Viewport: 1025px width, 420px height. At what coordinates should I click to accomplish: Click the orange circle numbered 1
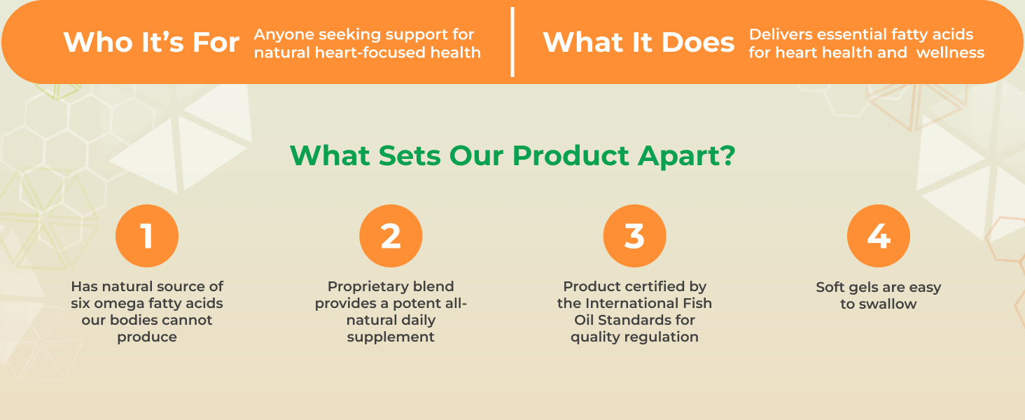click(147, 236)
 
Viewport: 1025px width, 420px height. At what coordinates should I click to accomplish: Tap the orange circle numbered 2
click(391, 236)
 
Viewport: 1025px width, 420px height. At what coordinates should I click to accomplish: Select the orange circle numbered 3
click(634, 236)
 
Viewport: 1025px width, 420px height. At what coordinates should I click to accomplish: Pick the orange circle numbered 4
click(878, 236)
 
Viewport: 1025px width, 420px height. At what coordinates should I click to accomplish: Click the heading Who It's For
click(151, 43)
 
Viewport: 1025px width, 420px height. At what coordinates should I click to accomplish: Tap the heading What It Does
click(639, 43)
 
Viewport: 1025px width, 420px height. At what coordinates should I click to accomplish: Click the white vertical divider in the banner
click(512, 42)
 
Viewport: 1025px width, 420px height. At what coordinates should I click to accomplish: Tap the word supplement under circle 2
click(391, 337)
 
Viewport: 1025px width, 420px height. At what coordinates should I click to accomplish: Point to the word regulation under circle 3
click(664, 337)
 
